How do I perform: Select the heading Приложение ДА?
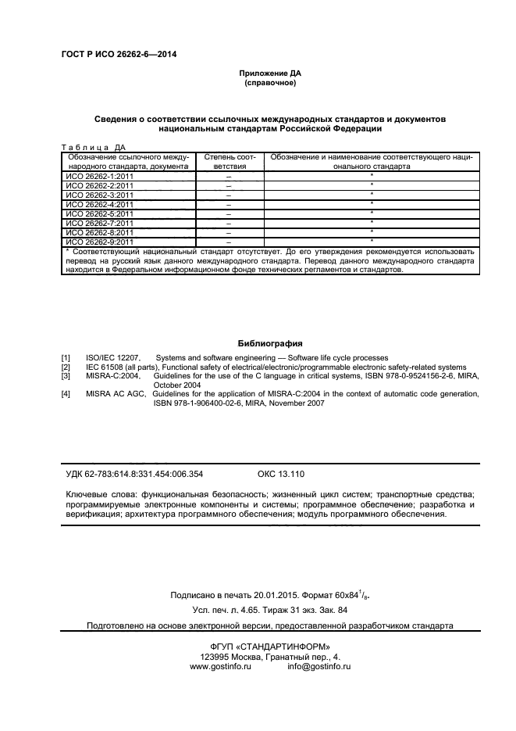coord(270,73)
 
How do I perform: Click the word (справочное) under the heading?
coord(270,82)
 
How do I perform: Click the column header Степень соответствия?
coord(230,161)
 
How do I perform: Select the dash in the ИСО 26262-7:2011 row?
coord(230,223)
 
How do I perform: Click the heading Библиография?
coord(270,343)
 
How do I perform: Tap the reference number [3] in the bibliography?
coord(66,376)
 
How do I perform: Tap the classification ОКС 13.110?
coord(280,474)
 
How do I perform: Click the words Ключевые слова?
coord(96,495)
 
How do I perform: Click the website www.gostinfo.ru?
coord(219,666)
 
